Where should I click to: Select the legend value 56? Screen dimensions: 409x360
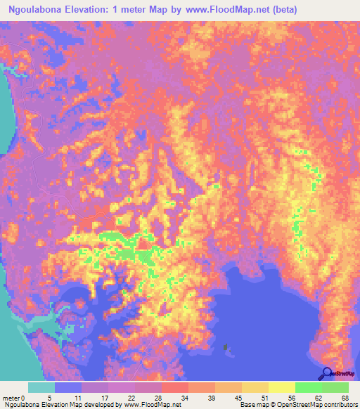coord(295,397)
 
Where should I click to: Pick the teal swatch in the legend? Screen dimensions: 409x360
coord(41,387)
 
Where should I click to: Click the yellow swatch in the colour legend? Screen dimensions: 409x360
coord(281,387)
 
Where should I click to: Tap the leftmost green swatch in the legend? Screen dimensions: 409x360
coord(308,387)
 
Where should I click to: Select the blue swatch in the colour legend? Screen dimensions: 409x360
coord(68,387)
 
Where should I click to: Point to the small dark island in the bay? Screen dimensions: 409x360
coord(226,346)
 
